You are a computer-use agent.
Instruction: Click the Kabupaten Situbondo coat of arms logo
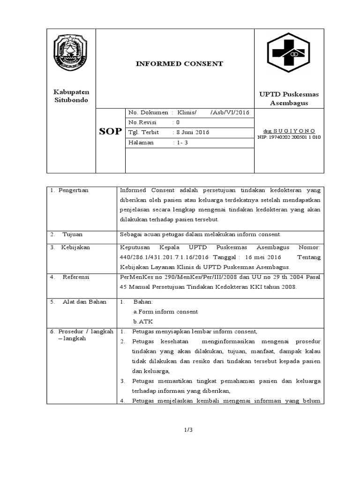click(x=70, y=52)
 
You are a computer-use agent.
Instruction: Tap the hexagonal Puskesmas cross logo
click(x=289, y=52)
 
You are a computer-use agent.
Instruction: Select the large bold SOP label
click(x=111, y=132)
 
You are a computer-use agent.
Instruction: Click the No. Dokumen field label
click(x=148, y=112)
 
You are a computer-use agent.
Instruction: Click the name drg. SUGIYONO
click(x=289, y=130)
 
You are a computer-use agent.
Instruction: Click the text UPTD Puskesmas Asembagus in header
click(x=289, y=98)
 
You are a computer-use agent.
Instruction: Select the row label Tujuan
click(x=73, y=234)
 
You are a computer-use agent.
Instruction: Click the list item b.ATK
click(x=143, y=322)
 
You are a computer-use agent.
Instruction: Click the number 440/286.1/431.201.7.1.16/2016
click(x=164, y=257)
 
